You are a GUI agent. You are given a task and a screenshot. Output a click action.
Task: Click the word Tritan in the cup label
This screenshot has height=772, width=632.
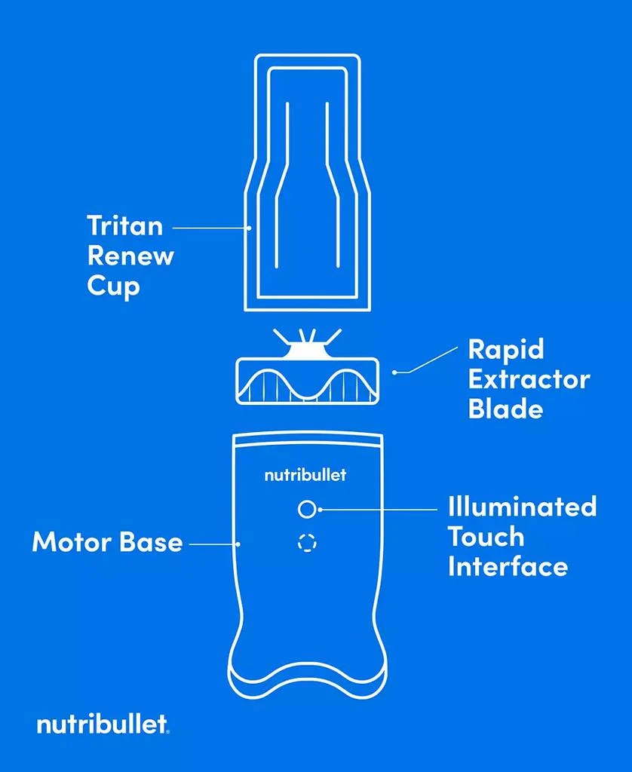click(124, 225)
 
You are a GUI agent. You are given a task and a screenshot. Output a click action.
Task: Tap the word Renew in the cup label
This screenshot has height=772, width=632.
click(130, 256)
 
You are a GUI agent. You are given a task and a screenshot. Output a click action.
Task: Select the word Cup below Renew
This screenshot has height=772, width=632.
click(113, 286)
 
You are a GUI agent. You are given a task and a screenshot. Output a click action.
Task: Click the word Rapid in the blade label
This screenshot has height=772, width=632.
click(506, 350)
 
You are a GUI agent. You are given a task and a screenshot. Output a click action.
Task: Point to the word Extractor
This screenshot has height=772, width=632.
click(529, 379)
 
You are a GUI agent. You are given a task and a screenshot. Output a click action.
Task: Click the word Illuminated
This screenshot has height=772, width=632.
click(522, 506)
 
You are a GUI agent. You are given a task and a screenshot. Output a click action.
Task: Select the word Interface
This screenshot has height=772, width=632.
click(508, 566)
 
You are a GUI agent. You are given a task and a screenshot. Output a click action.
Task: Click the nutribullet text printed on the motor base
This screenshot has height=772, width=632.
click(305, 476)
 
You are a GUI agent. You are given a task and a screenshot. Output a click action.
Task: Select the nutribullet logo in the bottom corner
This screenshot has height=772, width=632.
click(103, 725)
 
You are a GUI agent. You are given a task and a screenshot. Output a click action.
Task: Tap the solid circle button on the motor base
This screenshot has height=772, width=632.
click(305, 510)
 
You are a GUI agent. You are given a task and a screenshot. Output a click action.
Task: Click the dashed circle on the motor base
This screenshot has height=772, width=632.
click(306, 542)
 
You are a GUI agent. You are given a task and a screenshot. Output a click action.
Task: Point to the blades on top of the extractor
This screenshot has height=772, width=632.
click(307, 339)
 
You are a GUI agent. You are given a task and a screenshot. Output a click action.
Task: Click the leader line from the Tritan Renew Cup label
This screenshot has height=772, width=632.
click(211, 225)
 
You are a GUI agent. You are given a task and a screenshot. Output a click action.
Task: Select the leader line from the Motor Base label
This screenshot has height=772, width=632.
click(214, 542)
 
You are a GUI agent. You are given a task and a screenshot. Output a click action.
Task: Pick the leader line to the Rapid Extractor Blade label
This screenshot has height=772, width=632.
click(426, 360)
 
